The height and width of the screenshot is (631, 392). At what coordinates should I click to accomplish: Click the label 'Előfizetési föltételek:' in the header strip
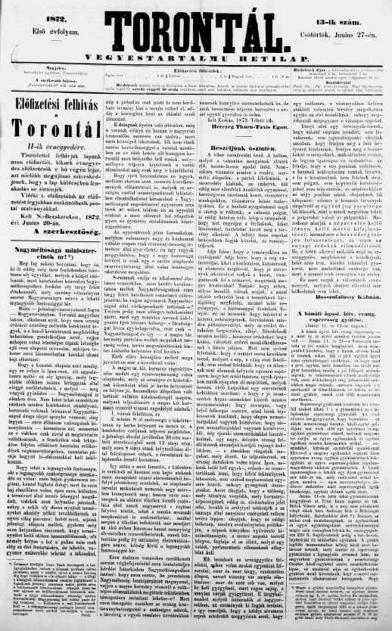(x=198, y=70)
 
